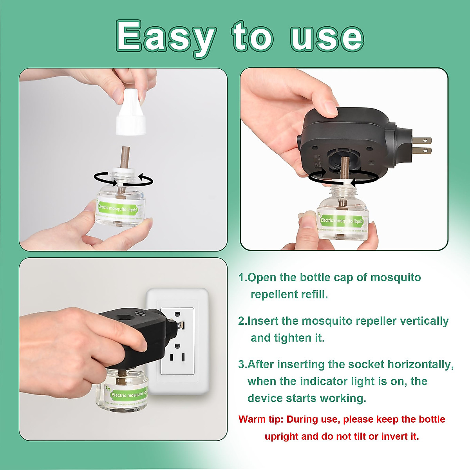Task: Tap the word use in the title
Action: [327, 38]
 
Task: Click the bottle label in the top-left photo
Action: [118, 210]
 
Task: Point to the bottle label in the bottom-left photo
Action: [128, 393]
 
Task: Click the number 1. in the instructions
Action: [242, 278]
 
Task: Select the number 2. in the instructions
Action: [242, 321]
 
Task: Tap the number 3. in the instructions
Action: [242, 365]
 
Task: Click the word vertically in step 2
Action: [424, 321]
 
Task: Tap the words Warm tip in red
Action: [260, 419]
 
